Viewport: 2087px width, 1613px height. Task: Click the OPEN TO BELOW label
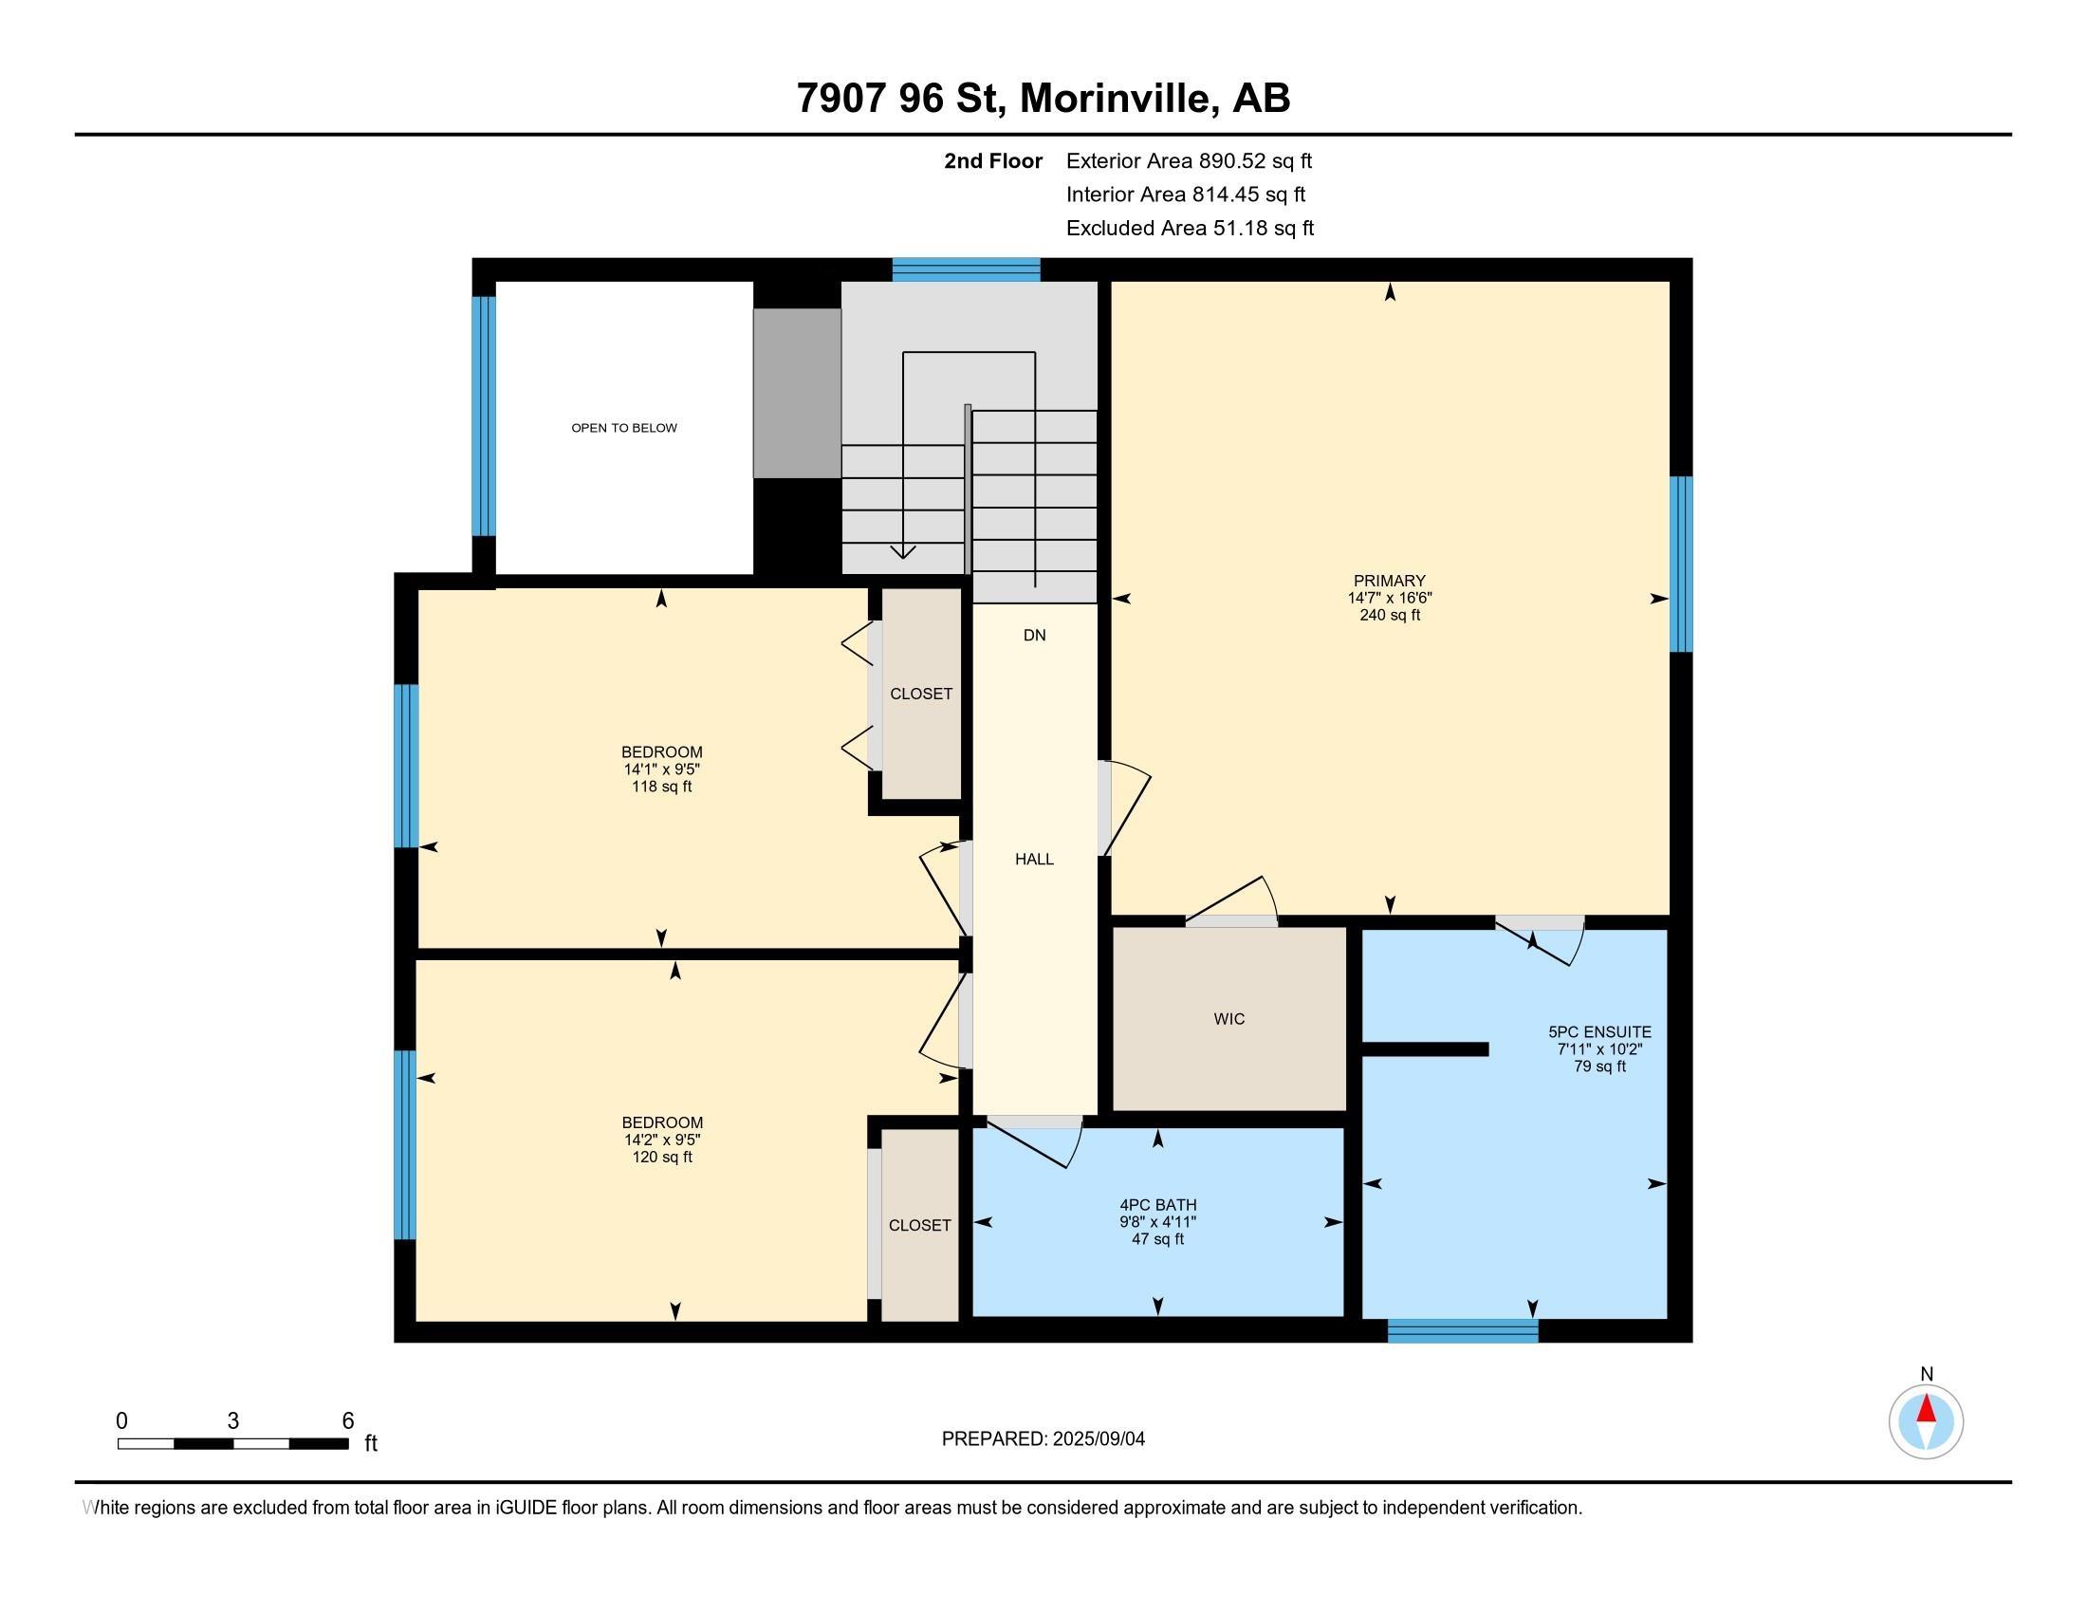[624, 428]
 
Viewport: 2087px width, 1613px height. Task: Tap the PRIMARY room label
[1389, 581]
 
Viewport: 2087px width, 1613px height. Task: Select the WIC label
[1228, 1019]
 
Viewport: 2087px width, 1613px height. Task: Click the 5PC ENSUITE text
[1598, 1032]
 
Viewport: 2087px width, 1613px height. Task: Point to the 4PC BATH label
[1157, 1205]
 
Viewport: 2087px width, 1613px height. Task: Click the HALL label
[1034, 859]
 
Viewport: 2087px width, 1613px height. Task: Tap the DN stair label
[1034, 636]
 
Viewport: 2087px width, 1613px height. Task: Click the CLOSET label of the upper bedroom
[920, 694]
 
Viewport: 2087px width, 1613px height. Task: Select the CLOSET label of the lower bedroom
[919, 1225]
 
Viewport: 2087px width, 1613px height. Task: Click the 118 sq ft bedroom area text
[661, 787]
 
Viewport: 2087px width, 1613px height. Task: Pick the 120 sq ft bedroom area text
[661, 1158]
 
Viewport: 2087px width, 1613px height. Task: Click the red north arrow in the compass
[1926, 1408]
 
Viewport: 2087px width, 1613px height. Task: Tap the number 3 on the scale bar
[232, 1421]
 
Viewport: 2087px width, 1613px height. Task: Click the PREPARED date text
[1043, 1439]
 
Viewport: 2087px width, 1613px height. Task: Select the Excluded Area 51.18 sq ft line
[1189, 229]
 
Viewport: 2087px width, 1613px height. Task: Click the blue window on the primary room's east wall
[1680, 564]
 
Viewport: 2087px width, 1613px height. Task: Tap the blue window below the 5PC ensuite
[1462, 1331]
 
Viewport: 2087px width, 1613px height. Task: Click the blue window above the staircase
[965, 269]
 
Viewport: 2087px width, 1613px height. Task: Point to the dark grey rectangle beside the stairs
[796, 393]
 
